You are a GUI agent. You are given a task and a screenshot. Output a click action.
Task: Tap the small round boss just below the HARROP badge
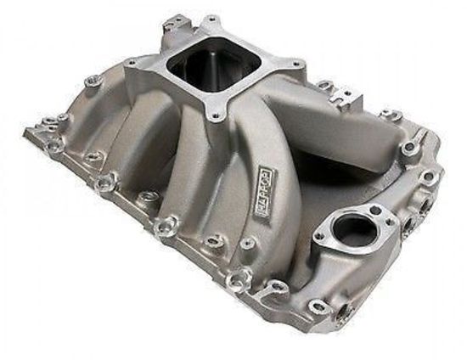tap(246, 244)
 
